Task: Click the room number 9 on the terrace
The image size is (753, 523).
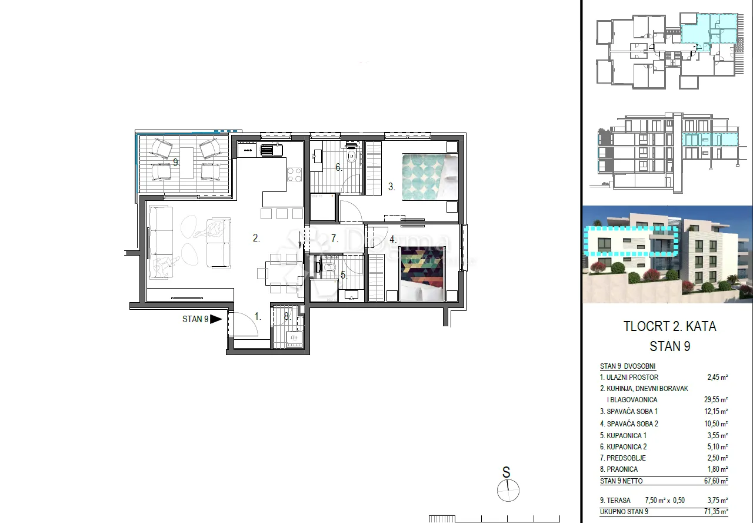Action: point(175,162)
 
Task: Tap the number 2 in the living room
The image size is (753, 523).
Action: point(256,238)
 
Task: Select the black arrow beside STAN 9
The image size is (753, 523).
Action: point(216,319)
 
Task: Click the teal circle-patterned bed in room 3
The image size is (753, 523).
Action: point(430,177)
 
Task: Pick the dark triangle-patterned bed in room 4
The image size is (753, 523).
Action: point(422,274)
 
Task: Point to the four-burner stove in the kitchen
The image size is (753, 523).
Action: point(294,175)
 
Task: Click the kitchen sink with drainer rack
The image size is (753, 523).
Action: point(271,150)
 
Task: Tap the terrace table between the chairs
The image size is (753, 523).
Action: point(187,163)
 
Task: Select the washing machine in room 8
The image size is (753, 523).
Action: point(294,340)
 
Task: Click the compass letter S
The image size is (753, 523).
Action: point(506,472)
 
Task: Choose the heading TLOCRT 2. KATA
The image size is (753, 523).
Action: point(669,326)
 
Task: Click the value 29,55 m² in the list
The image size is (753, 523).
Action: point(716,399)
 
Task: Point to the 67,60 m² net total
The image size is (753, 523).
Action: point(716,481)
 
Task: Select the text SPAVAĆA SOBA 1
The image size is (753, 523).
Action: point(632,411)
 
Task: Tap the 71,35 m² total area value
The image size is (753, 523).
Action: point(716,512)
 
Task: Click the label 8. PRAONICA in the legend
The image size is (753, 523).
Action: point(618,469)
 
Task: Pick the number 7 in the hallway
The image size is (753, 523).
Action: point(334,239)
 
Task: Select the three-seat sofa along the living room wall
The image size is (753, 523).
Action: point(161,242)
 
